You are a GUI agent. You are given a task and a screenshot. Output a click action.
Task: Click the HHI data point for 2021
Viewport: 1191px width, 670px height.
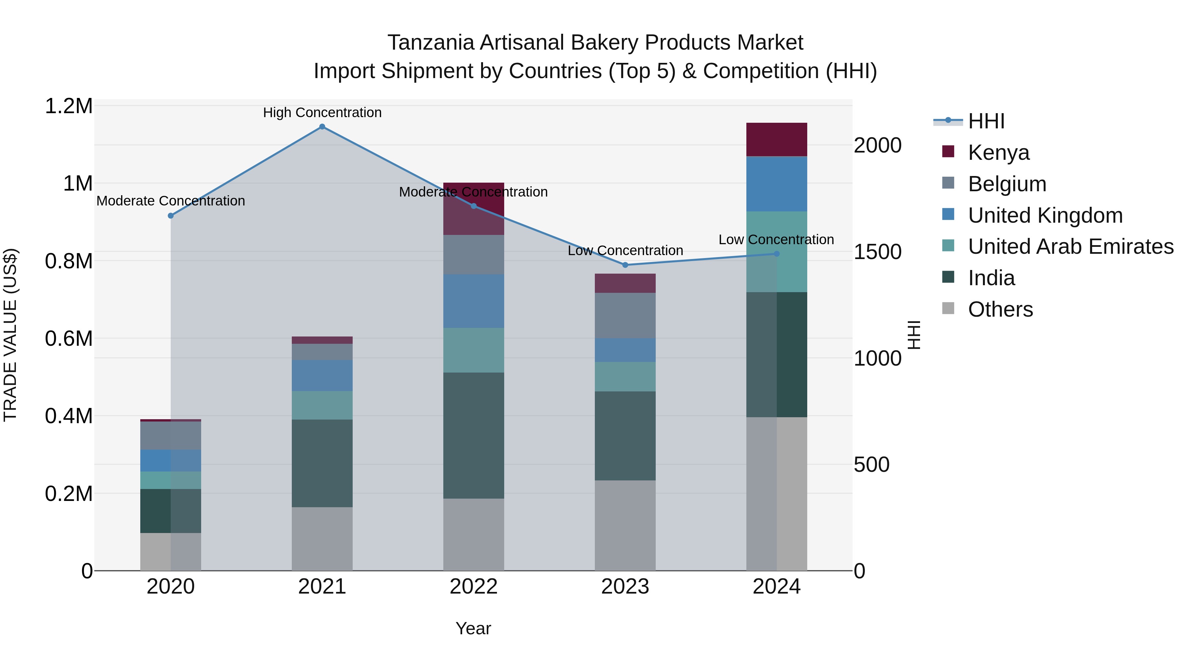click(x=322, y=127)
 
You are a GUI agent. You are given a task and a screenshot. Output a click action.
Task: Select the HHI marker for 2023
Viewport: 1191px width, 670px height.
click(x=625, y=265)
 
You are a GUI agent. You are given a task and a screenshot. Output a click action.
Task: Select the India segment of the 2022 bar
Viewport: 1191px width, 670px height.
click(x=473, y=435)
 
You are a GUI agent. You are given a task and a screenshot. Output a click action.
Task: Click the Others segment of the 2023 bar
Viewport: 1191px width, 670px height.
click(x=625, y=525)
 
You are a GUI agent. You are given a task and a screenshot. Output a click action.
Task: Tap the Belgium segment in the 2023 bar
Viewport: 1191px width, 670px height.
click(x=625, y=315)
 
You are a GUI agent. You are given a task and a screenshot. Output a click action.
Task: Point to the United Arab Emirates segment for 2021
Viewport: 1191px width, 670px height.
click(x=322, y=405)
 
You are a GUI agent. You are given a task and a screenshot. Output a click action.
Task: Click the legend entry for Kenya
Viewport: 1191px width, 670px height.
click(x=999, y=153)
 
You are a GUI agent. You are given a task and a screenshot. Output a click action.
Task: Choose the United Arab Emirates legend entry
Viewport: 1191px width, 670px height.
click(x=1070, y=246)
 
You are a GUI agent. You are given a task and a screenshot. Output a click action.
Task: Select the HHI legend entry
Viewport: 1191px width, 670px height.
click(x=986, y=121)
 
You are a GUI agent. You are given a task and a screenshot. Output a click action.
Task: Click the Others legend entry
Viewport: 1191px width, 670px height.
click(x=1000, y=309)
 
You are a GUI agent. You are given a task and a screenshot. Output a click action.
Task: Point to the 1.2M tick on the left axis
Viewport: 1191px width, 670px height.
click(x=68, y=106)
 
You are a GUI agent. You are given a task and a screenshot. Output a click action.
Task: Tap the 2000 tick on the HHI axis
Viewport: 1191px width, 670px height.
click(x=877, y=145)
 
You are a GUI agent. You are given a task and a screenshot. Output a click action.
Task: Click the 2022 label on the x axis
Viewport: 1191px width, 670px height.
click(x=473, y=587)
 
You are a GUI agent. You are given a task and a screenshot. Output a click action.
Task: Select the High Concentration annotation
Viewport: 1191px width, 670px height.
click(x=322, y=112)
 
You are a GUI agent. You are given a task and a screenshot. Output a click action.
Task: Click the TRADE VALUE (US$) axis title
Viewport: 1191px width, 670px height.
click(x=10, y=335)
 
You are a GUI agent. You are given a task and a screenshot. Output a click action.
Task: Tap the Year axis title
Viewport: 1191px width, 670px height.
click(x=473, y=628)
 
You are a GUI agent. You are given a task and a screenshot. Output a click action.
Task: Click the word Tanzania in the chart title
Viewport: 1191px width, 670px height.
click(x=430, y=43)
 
